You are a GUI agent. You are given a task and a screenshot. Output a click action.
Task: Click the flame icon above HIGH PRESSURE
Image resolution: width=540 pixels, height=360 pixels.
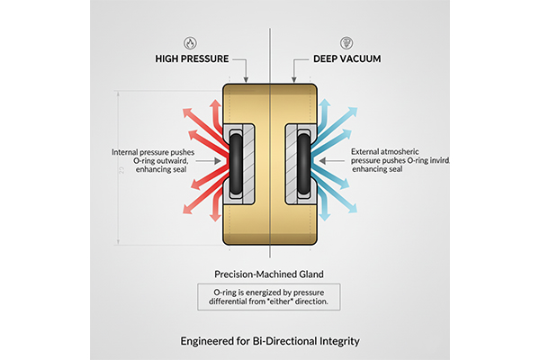coord(191,42)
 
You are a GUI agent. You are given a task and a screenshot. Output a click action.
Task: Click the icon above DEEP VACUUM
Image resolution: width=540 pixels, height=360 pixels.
coord(346,42)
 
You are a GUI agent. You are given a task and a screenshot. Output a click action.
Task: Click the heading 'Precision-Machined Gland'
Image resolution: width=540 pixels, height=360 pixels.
coord(270,273)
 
